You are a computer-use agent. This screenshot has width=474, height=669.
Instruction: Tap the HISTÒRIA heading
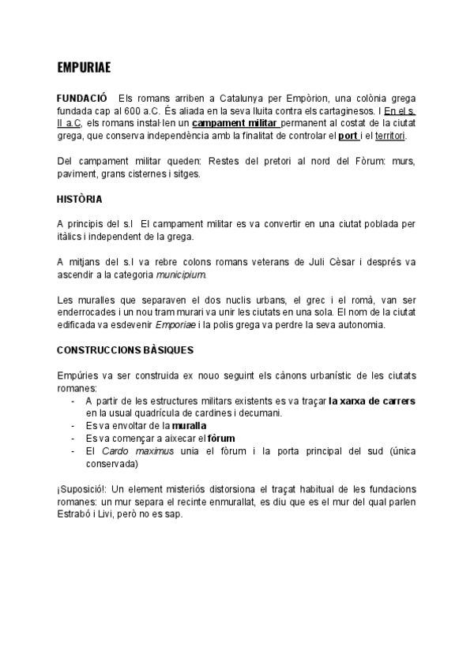(79, 198)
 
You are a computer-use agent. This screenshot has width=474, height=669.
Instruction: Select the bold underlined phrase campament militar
(235, 124)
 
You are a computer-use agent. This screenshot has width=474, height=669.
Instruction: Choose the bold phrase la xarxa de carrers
(372, 401)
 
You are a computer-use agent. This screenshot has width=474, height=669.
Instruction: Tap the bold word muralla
(190, 425)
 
